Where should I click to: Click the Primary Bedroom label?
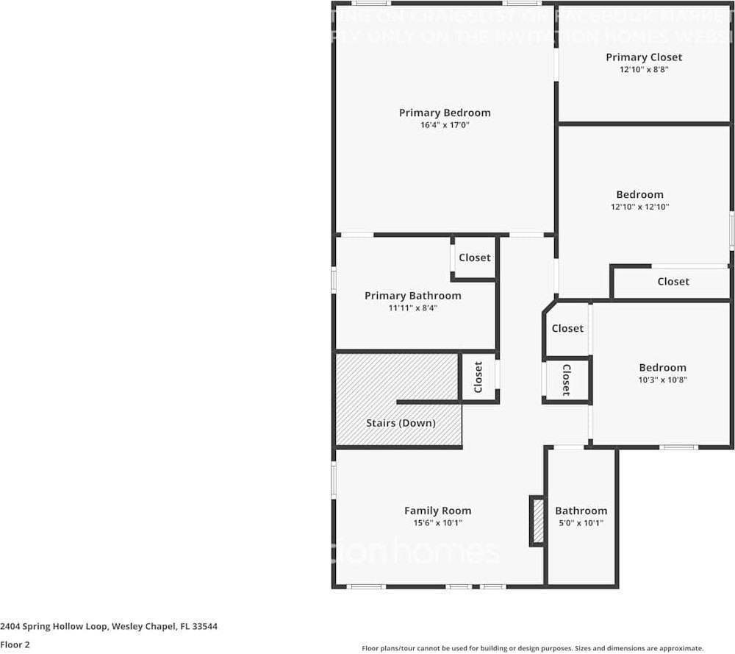tap(445, 113)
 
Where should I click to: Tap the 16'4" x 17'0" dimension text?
tap(445, 125)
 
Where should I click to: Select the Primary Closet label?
tap(644, 57)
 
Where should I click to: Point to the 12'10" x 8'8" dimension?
tap(644, 69)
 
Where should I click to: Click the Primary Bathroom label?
tap(413, 296)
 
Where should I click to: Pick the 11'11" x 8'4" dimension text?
tap(413, 308)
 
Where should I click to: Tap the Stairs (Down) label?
tap(401, 423)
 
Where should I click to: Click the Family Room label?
tap(437, 511)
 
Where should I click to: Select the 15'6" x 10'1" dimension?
tap(437, 523)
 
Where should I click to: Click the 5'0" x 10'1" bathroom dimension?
tap(581, 523)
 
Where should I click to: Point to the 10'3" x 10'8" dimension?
tap(662, 380)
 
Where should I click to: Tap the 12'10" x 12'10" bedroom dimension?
tap(639, 207)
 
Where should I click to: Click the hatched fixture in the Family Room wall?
tap(537, 521)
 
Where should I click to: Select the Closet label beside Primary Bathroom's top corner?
tap(474, 257)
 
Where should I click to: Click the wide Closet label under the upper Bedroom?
tap(673, 281)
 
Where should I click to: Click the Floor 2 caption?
tap(15, 644)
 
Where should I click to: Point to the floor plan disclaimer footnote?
tap(533, 648)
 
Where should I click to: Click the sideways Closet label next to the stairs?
tap(478, 377)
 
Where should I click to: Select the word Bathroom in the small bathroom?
tap(581, 511)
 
